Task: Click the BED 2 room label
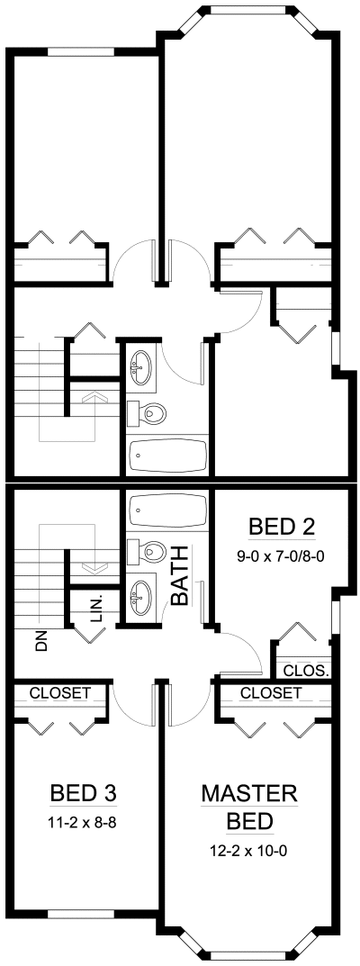coord(282,527)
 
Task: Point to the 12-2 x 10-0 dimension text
coord(249,852)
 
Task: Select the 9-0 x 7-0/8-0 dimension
coord(282,556)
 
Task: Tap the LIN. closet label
coord(96,609)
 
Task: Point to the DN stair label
coord(41,643)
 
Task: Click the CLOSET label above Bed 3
coord(60,692)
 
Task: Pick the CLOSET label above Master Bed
coord(271,692)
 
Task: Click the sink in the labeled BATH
coord(141,597)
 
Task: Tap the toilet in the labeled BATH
coord(147,552)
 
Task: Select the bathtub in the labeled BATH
coord(166,510)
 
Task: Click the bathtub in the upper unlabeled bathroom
coord(166,456)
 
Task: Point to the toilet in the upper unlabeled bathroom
coord(147,413)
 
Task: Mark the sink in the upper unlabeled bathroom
coord(141,368)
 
